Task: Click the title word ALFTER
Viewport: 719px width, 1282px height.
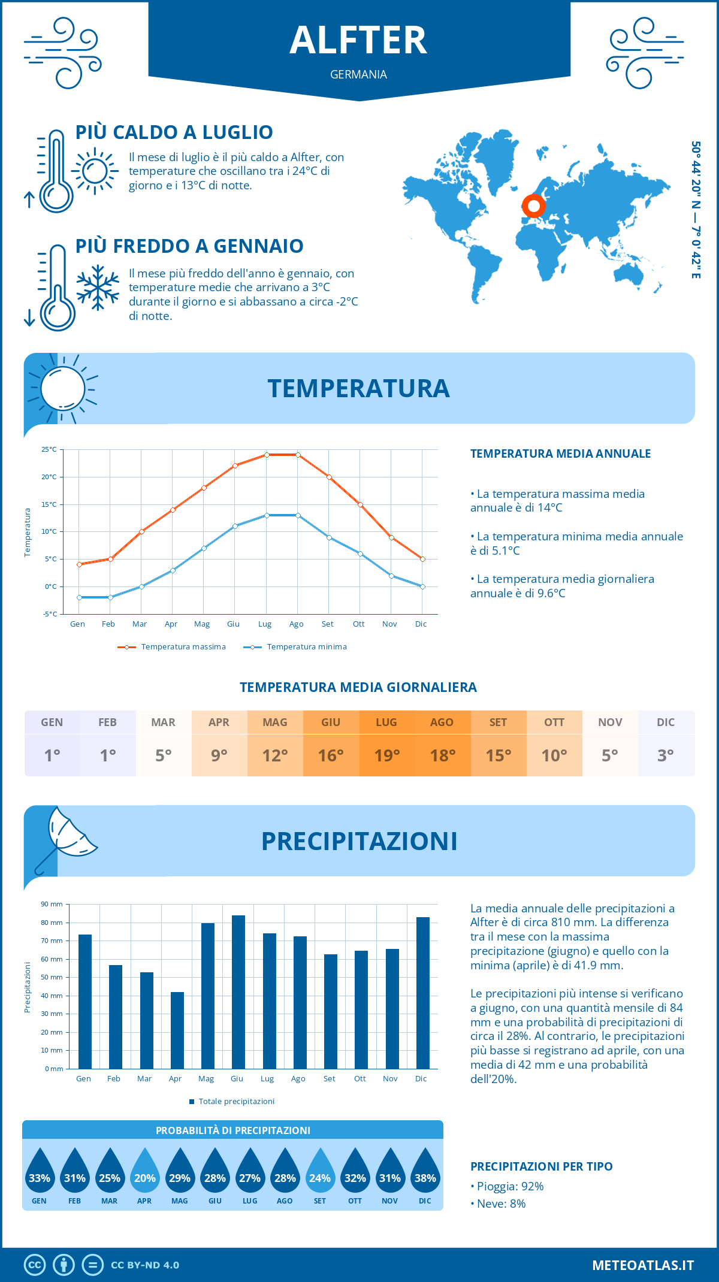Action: click(358, 41)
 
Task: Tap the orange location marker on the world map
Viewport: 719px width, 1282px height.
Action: click(533, 206)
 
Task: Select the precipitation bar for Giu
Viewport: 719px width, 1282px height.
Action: click(238, 992)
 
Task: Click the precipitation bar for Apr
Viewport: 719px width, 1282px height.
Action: click(177, 1030)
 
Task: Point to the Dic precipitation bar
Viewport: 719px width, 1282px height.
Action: click(423, 993)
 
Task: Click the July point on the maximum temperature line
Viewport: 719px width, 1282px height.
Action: click(267, 455)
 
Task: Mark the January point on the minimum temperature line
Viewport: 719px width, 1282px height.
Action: click(79, 597)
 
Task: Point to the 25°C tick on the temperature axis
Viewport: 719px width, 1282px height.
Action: click(49, 449)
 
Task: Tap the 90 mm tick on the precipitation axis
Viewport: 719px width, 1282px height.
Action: click(52, 904)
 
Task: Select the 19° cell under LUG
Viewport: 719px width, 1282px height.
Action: click(386, 755)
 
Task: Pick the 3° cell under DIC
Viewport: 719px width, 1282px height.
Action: click(666, 755)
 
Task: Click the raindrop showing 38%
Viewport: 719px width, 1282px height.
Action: click(425, 1174)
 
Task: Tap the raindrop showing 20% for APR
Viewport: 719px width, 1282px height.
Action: click(144, 1174)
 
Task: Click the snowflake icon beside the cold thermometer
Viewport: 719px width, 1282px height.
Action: click(98, 288)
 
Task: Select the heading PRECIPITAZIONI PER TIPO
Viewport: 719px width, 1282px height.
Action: click(541, 1166)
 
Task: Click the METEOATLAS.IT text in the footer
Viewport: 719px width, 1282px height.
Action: click(642, 1265)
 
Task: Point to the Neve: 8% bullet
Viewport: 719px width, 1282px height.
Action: click(501, 1204)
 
